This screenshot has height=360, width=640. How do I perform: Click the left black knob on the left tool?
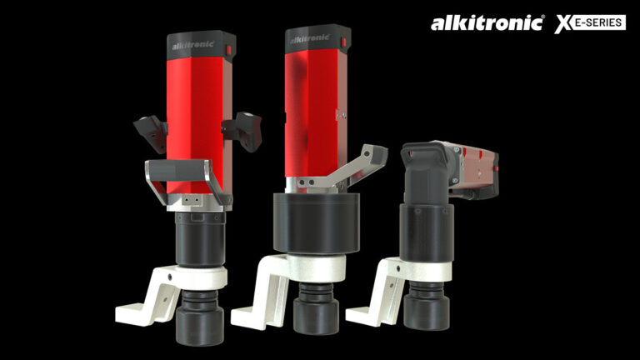[149, 127]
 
